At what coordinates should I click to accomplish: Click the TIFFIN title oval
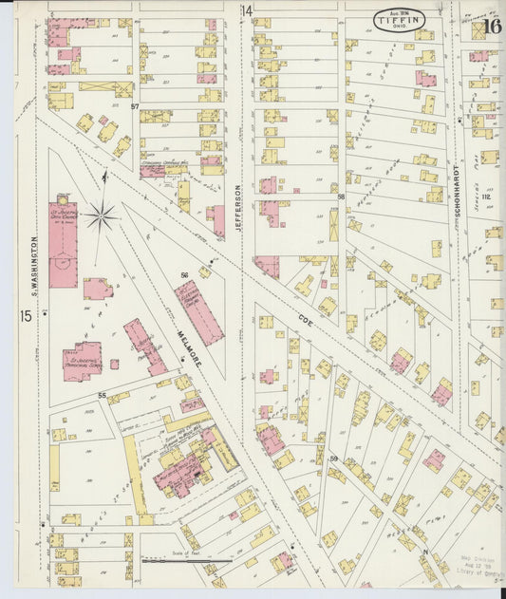399,18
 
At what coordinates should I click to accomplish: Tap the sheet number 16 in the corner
491,26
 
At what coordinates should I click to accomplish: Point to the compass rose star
101,216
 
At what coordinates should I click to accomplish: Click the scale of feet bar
186,561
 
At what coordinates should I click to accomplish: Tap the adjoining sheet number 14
247,10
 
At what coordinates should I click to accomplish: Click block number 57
135,105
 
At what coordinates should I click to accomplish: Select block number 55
100,394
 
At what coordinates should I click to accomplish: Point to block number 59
334,459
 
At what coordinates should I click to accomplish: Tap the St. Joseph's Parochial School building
83,362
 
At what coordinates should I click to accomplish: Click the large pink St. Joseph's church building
63,243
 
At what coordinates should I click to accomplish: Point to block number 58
339,197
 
